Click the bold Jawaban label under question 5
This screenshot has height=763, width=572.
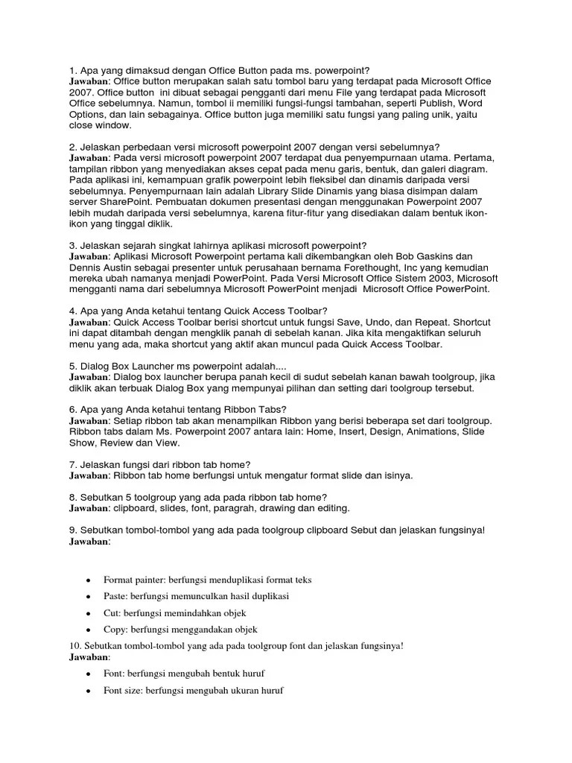coord(89,377)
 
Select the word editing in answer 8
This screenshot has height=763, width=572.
coord(331,508)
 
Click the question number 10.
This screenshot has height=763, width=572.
coord(74,645)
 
